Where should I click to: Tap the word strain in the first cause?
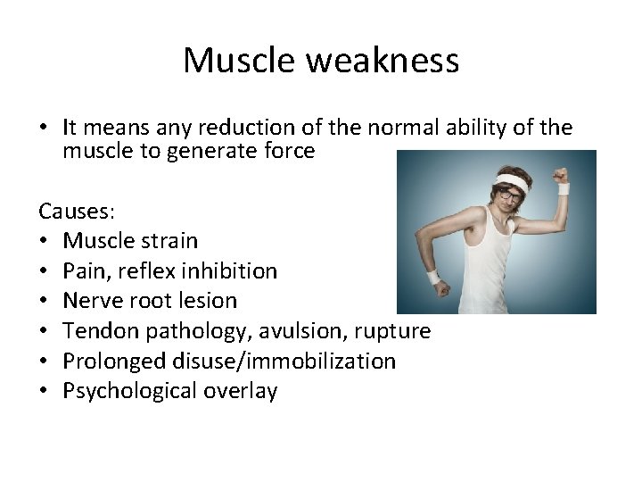[x=169, y=241]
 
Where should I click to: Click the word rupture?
[x=392, y=331]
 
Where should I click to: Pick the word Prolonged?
[x=111, y=361]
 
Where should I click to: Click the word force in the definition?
[x=289, y=152]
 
